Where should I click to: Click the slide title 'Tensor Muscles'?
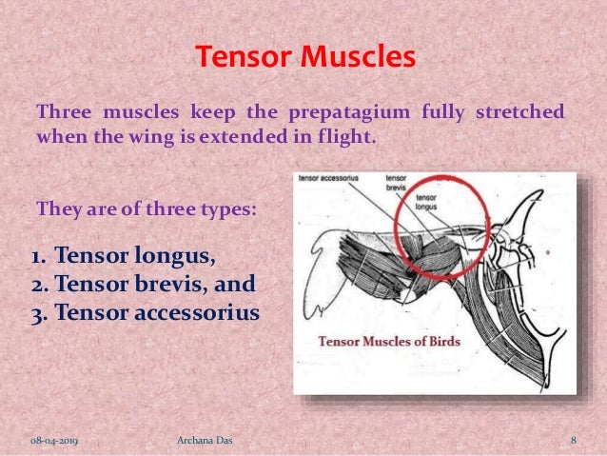[x=304, y=57]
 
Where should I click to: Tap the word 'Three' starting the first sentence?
[x=61, y=113]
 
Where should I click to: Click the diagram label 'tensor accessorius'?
[x=332, y=178]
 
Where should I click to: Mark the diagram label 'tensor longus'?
[x=429, y=202]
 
